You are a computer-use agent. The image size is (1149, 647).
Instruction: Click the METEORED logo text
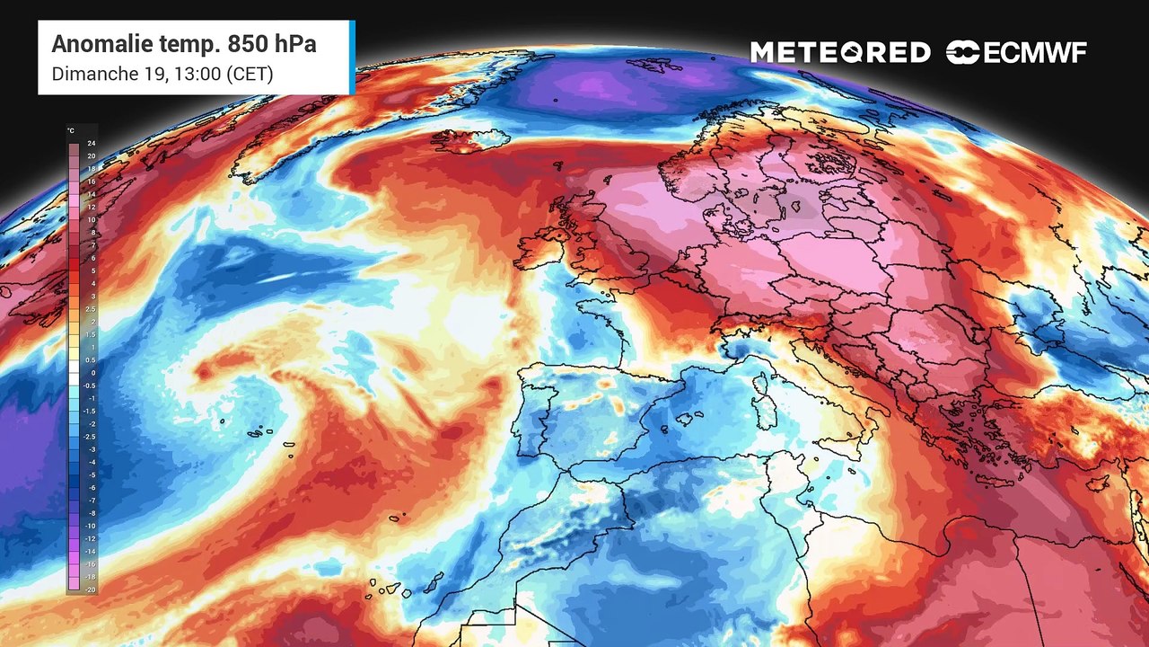[840, 53]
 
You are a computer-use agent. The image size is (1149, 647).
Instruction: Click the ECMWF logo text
[1035, 53]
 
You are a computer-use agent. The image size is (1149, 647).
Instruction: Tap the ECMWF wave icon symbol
[962, 53]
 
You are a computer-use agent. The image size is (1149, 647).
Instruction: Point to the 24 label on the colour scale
[92, 144]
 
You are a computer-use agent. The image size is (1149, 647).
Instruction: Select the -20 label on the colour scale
[90, 589]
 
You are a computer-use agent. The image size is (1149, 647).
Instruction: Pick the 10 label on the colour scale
[92, 219]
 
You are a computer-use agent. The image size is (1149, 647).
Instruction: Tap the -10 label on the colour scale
[90, 526]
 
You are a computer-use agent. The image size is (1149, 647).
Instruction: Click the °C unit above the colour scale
[71, 131]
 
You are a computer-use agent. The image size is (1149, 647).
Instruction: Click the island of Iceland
[471, 139]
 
